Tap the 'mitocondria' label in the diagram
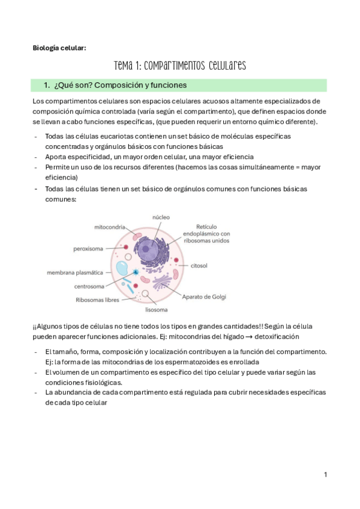click(x=110, y=227)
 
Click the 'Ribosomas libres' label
click(x=98, y=300)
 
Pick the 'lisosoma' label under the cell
click(x=155, y=310)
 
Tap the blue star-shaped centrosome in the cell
click(x=137, y=273)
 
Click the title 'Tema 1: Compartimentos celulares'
click(x=179, y=65)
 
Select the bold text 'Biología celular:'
click(x=59, y=49)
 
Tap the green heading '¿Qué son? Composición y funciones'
click(x=121, y=85)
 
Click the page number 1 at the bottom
click(x=325, y=475)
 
